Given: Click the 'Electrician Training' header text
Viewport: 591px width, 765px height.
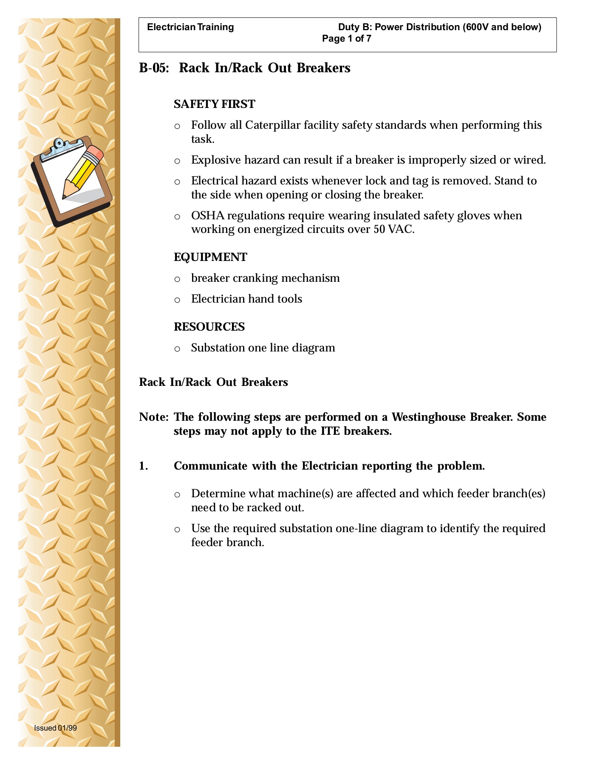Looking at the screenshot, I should pos(190,27).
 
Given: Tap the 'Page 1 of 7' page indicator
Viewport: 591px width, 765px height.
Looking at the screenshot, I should pos(347,39).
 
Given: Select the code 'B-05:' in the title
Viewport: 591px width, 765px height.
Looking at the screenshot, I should pos(154,68).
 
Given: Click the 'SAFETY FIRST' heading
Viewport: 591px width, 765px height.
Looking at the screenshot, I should pos(215,104).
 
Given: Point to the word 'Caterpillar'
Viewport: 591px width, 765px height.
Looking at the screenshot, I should pos(273,125).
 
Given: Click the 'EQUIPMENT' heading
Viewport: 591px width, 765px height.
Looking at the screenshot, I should pos(210,257).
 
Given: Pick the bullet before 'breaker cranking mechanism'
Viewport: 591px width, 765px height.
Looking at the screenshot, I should pos(177,279).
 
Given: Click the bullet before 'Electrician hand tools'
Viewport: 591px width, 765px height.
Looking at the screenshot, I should pos(177,300).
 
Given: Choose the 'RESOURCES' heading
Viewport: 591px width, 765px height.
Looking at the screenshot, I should pos(209,327).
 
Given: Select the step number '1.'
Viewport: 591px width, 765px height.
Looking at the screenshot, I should pos(144,466).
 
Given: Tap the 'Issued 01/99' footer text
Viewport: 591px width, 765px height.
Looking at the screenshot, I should pos(55,728).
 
